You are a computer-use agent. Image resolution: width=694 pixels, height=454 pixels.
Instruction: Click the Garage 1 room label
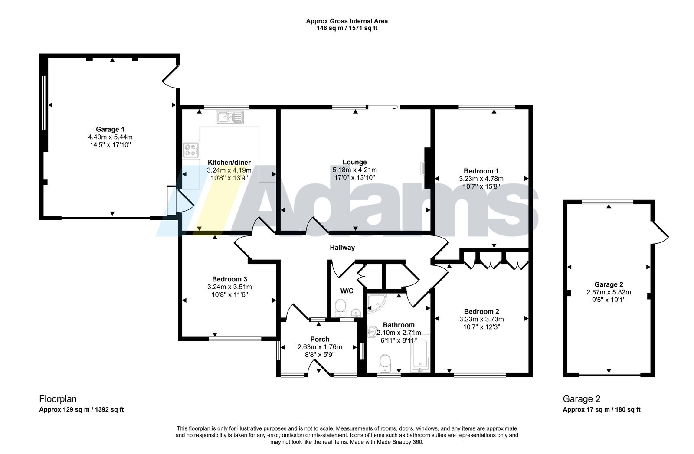pyautogui.click(x=110, y=130)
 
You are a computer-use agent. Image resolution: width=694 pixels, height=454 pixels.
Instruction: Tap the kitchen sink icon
pyautogui.click(x=230, y=118)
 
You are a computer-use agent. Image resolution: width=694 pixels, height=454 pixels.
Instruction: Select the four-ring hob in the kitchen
pyautogui.click(x=191, y=150)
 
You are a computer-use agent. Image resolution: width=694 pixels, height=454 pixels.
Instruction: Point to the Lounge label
pyautogui.click(x=354, y=162)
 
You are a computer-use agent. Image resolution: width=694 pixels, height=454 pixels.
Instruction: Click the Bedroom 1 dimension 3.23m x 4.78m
pyautogui.click(x=481, y=179)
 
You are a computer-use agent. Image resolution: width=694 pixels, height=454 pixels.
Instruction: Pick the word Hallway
pyautogui.click(x=342, y=248)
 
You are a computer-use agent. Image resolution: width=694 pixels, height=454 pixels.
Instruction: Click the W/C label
pyautogui.click(x=347, y=291)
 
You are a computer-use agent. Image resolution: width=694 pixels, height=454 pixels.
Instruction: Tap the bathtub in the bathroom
pyautogui.click(x=420, y=353)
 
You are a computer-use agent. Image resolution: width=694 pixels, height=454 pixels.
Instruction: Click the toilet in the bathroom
pyautogui.click(x=385, y=363)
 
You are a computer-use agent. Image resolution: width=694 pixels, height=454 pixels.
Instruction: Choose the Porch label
pyautogui.click(x=320, y=339)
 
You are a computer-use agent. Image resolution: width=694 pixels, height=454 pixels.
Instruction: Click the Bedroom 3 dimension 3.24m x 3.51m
pyautogui.click(x=229, y=287)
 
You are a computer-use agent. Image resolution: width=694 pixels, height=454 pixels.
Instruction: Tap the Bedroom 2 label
pyautogui.click(x=481, y=311)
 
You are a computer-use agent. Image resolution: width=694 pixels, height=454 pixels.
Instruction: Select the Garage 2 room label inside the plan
pyautogui.click(x=609, y=284)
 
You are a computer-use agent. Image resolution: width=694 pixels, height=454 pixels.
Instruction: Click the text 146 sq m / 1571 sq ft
pyautogui.click(x=347, y=29)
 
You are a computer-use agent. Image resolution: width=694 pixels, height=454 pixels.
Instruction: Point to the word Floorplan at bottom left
pyautogui.click(x=58, y=399)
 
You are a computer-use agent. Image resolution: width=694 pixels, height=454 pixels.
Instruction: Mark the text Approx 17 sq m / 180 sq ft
pyautogui.click(x=602, y=409)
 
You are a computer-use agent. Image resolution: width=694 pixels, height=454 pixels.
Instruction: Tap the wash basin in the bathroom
pyautogui.click(x=372, y=331)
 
